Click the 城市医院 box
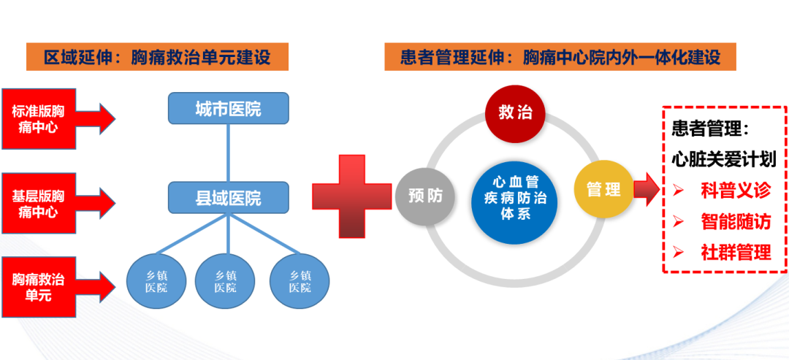click(x=229, y=108)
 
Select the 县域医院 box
click(x=229, y=196)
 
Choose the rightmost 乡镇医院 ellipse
click(x=300, y=280)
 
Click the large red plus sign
click(x=351, y=196)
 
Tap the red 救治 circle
click(x=516, y=113)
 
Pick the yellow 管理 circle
click(x=603, y=190)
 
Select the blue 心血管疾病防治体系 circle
click(x=515, y=197)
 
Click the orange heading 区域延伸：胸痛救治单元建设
click(x=157, y=57)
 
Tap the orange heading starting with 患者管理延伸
click(x=560, y=57)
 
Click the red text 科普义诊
click(x=735, y=191)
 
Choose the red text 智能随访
click(x=735, y=221)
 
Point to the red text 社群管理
click(x=735, y=253)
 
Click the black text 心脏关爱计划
click(x=723, y=159)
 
